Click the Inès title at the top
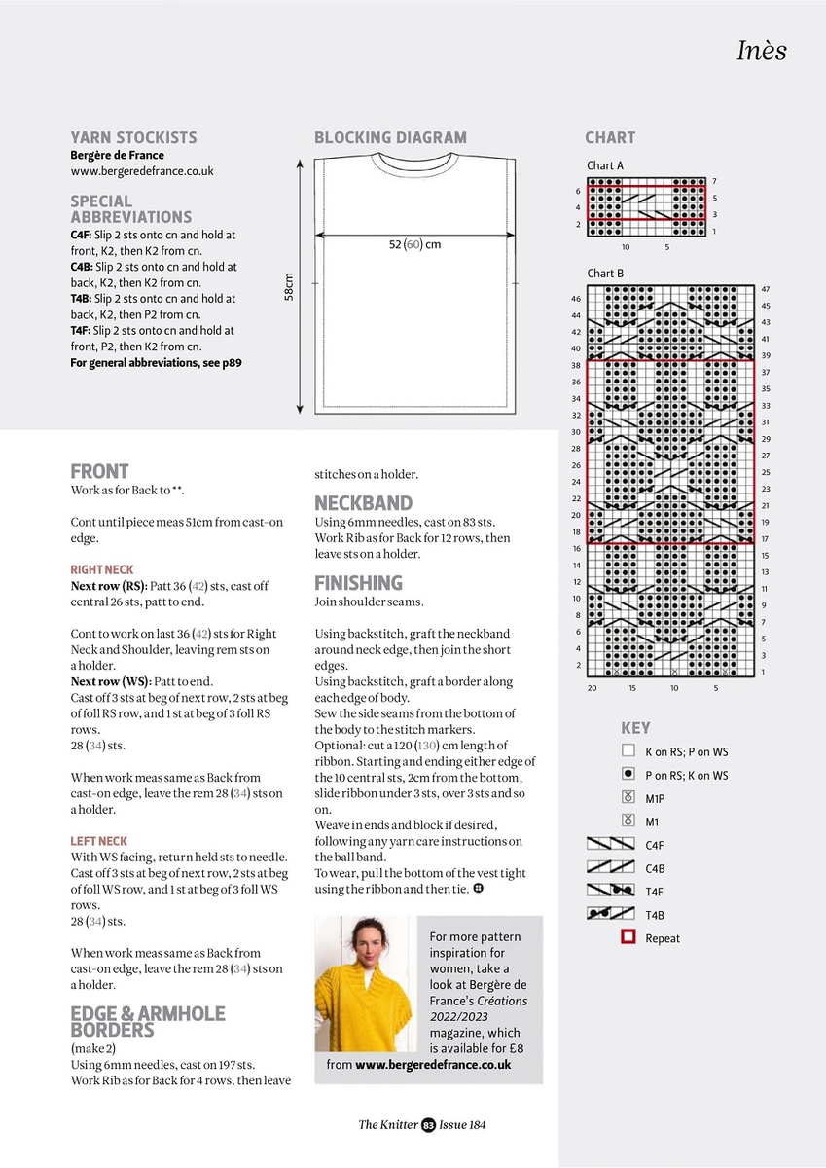tap(761, 51)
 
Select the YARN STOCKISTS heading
tap(133, 137)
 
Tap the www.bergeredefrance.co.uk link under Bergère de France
tap(142, 171)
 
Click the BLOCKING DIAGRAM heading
tap(390, 137)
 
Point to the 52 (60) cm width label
tap(414, 244)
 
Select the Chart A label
tap(605, 165)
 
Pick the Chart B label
tap(605, 274)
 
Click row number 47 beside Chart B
tap(766, 290)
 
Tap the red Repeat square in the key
tap(628, 938)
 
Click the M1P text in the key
tap(655, 799)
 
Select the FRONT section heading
tap(99, 471)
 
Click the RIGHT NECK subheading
tap(102, 569)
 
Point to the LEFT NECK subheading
tap(99, 841)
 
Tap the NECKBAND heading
tap(363, 503)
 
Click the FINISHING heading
tap(358, 583)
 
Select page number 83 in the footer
tap(428, 1125)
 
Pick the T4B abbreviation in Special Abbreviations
tap(81, 299)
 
